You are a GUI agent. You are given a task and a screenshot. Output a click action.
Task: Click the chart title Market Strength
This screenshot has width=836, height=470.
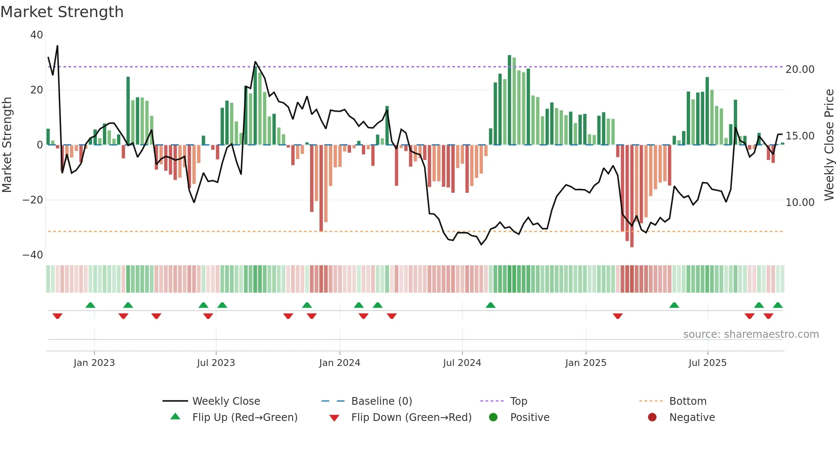(62, 12)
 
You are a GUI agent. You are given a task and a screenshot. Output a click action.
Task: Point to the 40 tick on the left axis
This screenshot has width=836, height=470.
(37, 35)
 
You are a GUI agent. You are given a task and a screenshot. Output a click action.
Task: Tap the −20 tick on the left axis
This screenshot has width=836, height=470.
(33, 200)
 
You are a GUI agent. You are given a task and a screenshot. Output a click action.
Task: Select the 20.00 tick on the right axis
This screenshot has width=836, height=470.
(800, 70)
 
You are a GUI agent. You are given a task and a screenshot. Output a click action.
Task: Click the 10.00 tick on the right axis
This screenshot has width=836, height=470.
(800, 203)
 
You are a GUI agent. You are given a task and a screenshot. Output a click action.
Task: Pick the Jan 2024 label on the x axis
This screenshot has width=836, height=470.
(340, 363)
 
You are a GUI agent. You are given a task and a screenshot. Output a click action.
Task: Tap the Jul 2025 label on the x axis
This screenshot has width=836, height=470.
(707, 363)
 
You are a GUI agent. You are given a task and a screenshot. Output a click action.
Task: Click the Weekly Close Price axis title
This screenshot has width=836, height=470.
(829, 145)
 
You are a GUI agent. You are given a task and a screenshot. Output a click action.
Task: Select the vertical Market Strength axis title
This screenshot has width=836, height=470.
(7, 145)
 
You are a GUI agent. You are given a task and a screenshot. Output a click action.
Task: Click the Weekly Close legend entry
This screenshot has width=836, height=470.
(226, 401)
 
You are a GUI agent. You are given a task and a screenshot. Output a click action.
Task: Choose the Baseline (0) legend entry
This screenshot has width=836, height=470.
(381, 401)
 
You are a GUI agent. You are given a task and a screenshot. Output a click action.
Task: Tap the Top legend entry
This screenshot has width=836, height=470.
(518, 401)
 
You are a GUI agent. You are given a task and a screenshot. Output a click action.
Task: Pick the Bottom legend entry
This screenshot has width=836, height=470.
(688, 401)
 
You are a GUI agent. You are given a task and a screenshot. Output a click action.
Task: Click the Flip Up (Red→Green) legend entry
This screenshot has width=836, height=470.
(244, 418)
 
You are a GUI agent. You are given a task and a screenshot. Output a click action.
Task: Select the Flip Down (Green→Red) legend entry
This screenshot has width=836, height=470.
(411, 418)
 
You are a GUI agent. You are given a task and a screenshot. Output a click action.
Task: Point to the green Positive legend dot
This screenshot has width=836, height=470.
(493, 418)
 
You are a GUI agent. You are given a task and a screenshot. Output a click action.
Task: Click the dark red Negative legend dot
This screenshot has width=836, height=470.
(652, 418)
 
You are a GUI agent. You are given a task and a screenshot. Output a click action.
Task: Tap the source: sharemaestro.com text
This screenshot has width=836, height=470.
(751, 334)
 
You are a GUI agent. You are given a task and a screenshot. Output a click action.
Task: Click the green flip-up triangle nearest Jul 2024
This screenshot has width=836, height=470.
(491, 305)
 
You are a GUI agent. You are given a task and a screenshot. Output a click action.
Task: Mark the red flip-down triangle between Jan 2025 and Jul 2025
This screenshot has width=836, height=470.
(618, 316)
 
